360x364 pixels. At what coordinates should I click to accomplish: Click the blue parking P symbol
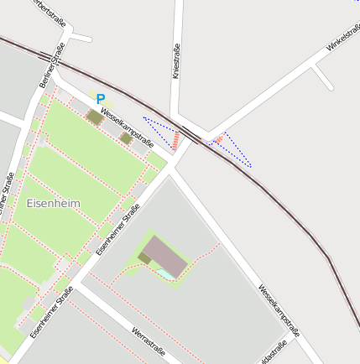pos(101,98)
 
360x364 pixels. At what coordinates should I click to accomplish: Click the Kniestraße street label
pos(176,61)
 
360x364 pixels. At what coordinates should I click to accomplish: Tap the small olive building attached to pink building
pos(145,258)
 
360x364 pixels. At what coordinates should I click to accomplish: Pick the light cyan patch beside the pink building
pos(169,273)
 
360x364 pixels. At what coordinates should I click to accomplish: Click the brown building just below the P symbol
pos(95,117)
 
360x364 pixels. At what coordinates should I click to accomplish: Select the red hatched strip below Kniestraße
pos(176,139)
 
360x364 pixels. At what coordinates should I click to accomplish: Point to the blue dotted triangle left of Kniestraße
pos(161,129)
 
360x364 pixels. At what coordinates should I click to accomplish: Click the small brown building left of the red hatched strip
pos(126,138)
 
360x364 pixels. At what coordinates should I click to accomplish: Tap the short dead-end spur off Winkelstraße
pos(323,77)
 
